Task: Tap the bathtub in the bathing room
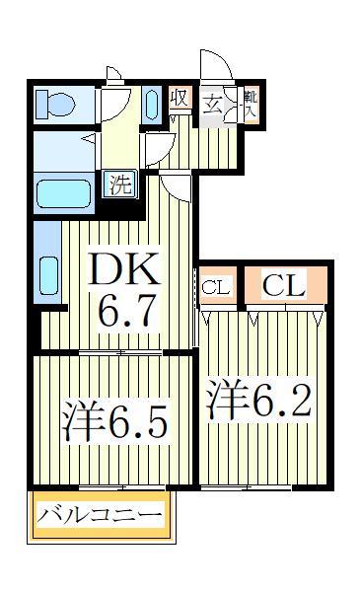[65, 191]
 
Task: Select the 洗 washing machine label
[118, 184]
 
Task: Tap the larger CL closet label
[284, 286]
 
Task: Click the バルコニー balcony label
[100, 516]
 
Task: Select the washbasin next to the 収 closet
[151, 106]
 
